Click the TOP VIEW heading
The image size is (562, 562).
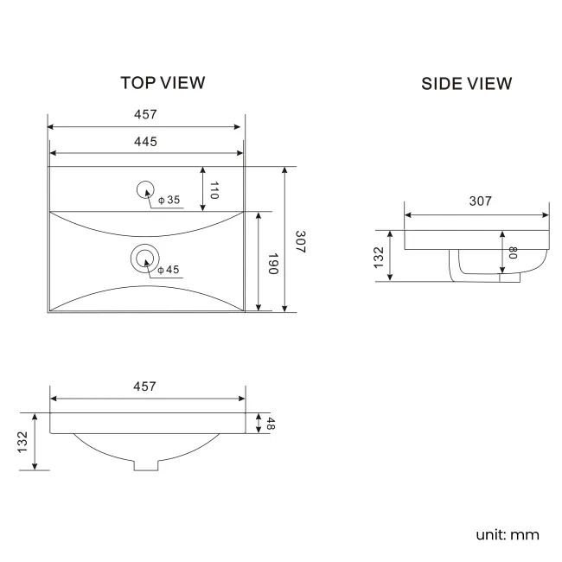coord(163,83)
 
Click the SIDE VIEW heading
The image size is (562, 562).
coord(466,84)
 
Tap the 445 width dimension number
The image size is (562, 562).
coord(145,141)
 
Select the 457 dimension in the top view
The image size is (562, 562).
coord(145,114)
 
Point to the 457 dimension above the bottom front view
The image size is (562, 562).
coord(145,386)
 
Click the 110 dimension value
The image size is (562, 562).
coord(214,190)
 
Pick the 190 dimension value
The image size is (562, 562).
coord(271,264)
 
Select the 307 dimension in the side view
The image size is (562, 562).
coord(480,201)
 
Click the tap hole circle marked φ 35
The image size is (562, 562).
coord(144,189)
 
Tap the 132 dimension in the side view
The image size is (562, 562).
coord(379,257)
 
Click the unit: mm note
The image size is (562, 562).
coord(507,534)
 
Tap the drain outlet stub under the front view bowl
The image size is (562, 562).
coord(147,464)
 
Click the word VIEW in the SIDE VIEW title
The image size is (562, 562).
coord(489,84)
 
